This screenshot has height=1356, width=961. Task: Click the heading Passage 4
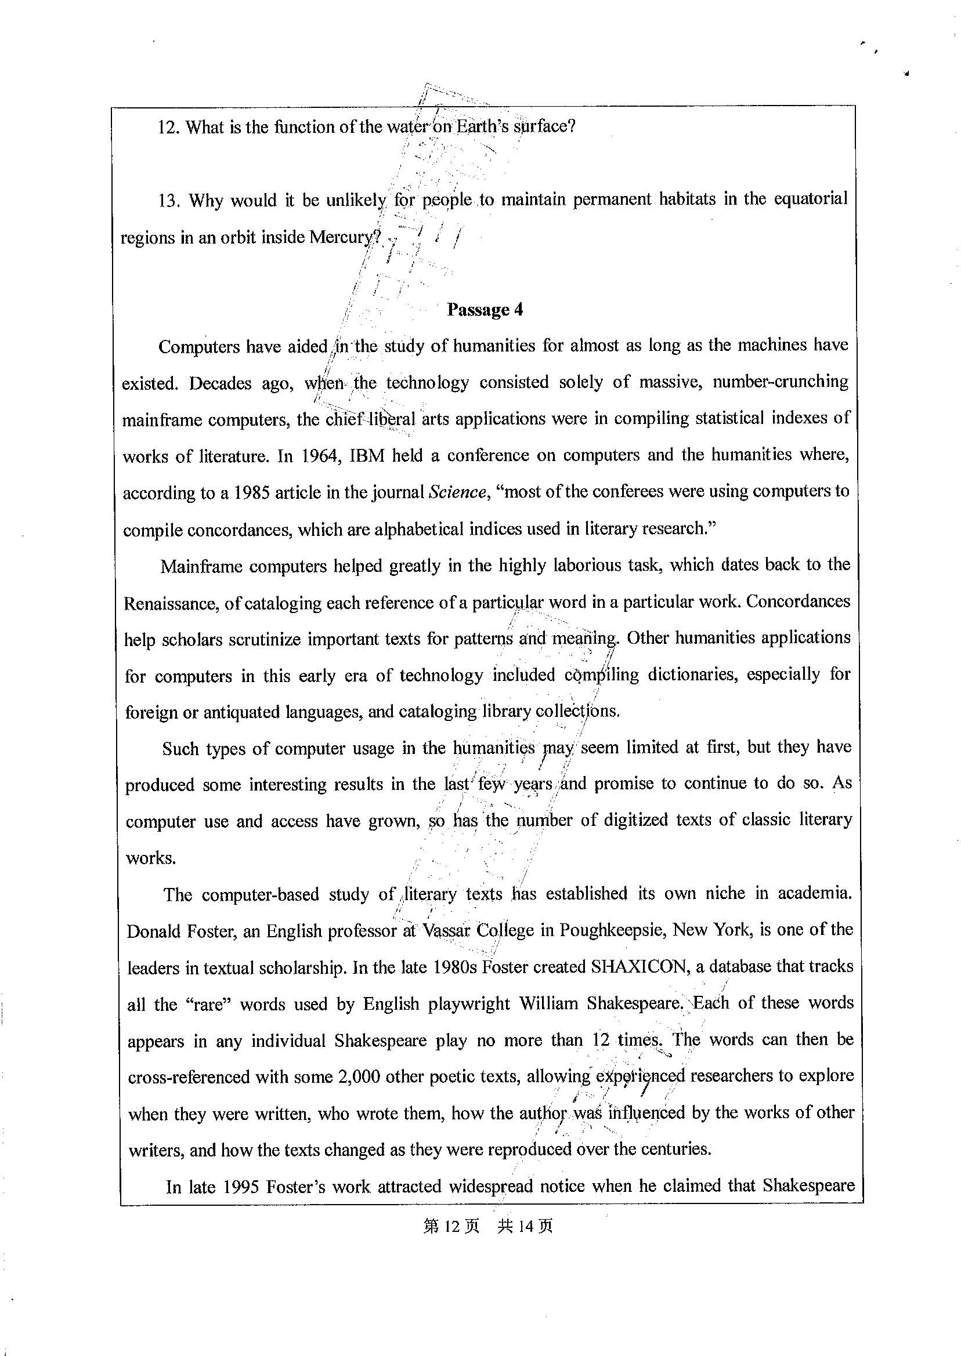[x=485, y=310]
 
